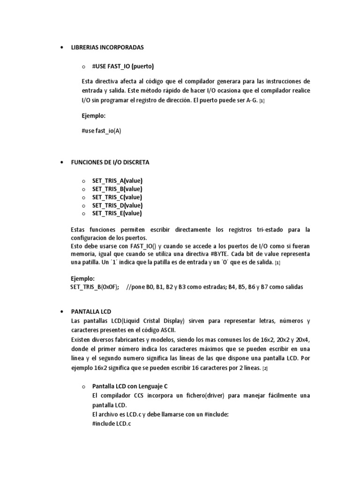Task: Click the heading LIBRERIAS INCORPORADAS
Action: tap(107, 48)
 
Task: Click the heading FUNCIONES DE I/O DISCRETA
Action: tap(110, 162)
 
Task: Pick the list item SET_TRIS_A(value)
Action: tap(117, 181)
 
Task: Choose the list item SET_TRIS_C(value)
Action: tap(117, 197)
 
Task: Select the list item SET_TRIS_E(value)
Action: tap(117, 213)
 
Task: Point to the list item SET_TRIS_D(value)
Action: tap(117, 205)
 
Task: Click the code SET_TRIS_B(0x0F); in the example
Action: tap(94, 287)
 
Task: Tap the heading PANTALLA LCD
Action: tap(91, 311)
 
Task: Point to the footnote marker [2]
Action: tap(265, 368)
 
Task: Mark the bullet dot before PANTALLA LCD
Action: tap(62, 312)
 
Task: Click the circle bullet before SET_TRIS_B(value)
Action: tap(83, 189)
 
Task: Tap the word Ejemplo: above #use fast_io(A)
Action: tap(94, 115)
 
